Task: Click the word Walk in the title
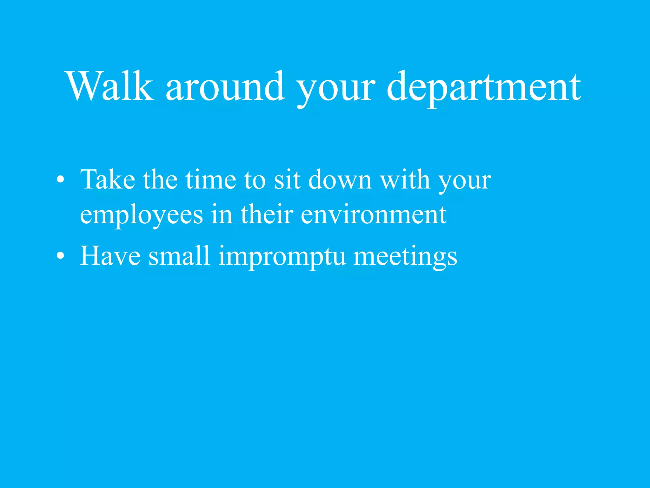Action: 109,86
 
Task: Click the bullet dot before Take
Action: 60,180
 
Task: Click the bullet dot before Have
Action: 60,256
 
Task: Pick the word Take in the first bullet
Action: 108,180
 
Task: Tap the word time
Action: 211,180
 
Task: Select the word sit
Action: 287,180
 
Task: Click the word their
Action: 267,214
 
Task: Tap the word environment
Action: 374,214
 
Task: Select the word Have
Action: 110,256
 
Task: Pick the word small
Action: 179,256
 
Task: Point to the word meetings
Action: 405,257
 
